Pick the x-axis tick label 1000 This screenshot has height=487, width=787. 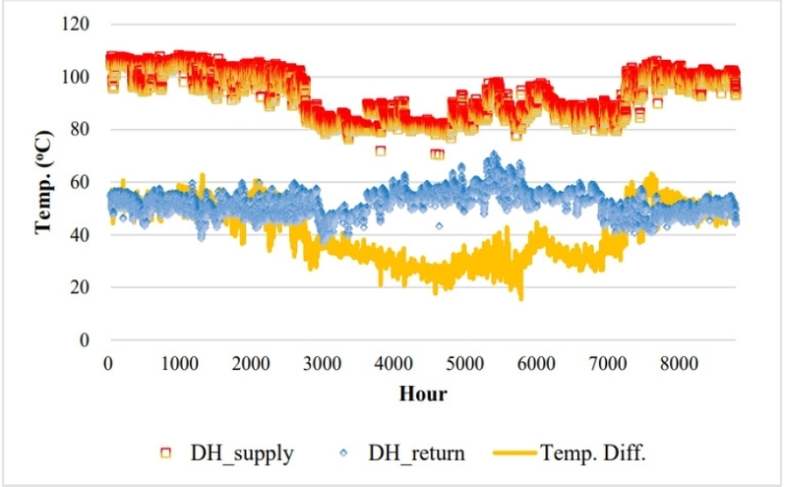coord(179,362)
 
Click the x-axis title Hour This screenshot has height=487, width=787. coord(423,395)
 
